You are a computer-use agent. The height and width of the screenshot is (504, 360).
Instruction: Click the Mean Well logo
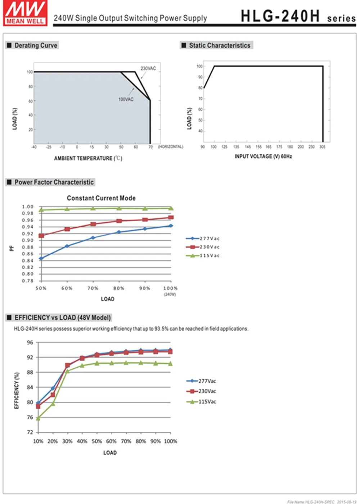coord(25,13)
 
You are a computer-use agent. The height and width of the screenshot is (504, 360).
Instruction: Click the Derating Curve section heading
coord(36,45)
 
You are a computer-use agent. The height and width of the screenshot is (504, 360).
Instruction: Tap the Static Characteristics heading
coord(220,45)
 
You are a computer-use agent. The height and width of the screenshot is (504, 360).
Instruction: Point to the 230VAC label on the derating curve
coord(148,68)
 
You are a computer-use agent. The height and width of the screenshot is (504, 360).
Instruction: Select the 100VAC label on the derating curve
coord(126,99)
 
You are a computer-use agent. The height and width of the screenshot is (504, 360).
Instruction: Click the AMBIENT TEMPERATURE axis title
coord(88,158)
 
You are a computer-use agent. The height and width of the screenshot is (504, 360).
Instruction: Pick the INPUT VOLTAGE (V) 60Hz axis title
coord(263,156)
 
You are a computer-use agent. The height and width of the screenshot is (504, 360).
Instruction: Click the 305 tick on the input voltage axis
coord(322,147)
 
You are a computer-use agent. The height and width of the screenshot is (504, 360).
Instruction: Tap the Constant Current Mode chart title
coord(101,198)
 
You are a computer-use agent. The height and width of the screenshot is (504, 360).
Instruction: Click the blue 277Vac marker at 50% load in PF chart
coord(41,258)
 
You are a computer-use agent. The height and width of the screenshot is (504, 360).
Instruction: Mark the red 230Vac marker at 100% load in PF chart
coord(171,217)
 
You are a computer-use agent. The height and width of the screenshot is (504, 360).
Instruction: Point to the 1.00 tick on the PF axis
coord(28,207)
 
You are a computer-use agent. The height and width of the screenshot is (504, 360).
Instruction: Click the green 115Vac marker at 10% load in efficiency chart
coord(38,418)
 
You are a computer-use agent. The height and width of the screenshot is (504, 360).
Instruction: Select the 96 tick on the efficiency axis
coord(30,342)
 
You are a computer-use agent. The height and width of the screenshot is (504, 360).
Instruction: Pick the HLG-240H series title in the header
coord(298,16)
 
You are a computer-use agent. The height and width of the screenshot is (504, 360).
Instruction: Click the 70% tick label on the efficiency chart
coord(126,441)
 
